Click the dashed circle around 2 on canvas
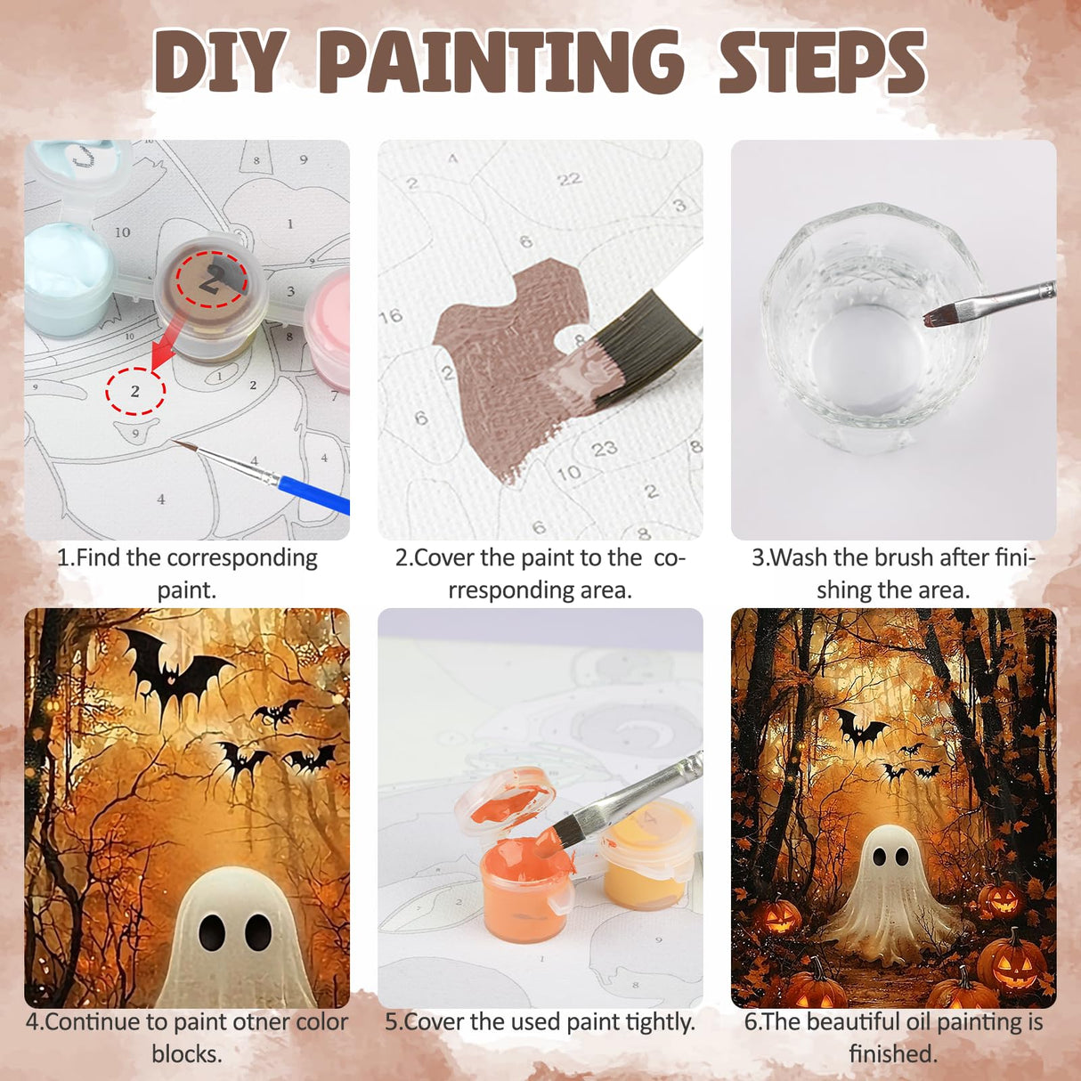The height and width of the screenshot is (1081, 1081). point(135,391)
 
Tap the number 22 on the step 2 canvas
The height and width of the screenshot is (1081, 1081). point(569,180)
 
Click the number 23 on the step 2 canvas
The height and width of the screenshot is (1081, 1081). point(604,449)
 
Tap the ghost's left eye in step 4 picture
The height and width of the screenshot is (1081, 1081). point(212,931)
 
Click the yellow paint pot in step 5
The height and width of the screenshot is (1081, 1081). point(646,864)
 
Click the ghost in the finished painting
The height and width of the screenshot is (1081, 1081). point(890,890)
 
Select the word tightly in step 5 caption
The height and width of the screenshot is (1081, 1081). point(658,1022)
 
